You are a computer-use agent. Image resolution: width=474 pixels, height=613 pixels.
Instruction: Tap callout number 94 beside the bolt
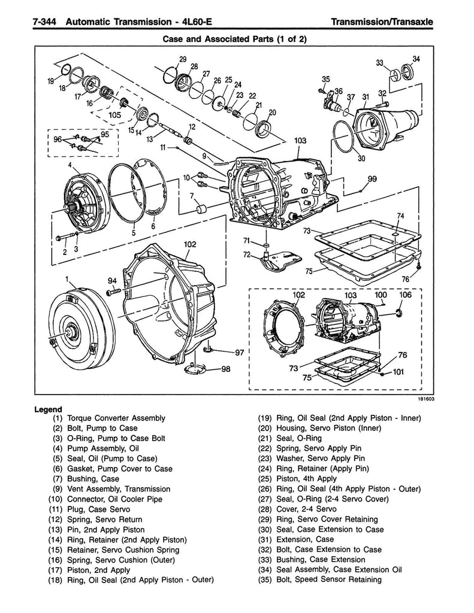coord(112,281)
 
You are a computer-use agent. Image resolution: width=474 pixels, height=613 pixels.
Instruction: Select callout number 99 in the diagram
coord(372,179)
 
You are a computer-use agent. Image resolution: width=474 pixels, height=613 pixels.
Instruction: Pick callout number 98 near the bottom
coord(225,369)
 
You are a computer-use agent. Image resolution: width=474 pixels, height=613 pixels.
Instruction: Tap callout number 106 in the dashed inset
coord(406,295)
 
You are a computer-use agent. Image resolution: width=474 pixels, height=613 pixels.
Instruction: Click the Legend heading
coord(49,409)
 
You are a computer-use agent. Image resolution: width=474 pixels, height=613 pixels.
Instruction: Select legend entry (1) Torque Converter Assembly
coord(108,418)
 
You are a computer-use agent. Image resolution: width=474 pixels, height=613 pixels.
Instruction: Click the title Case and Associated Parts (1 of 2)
coord(237,40)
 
